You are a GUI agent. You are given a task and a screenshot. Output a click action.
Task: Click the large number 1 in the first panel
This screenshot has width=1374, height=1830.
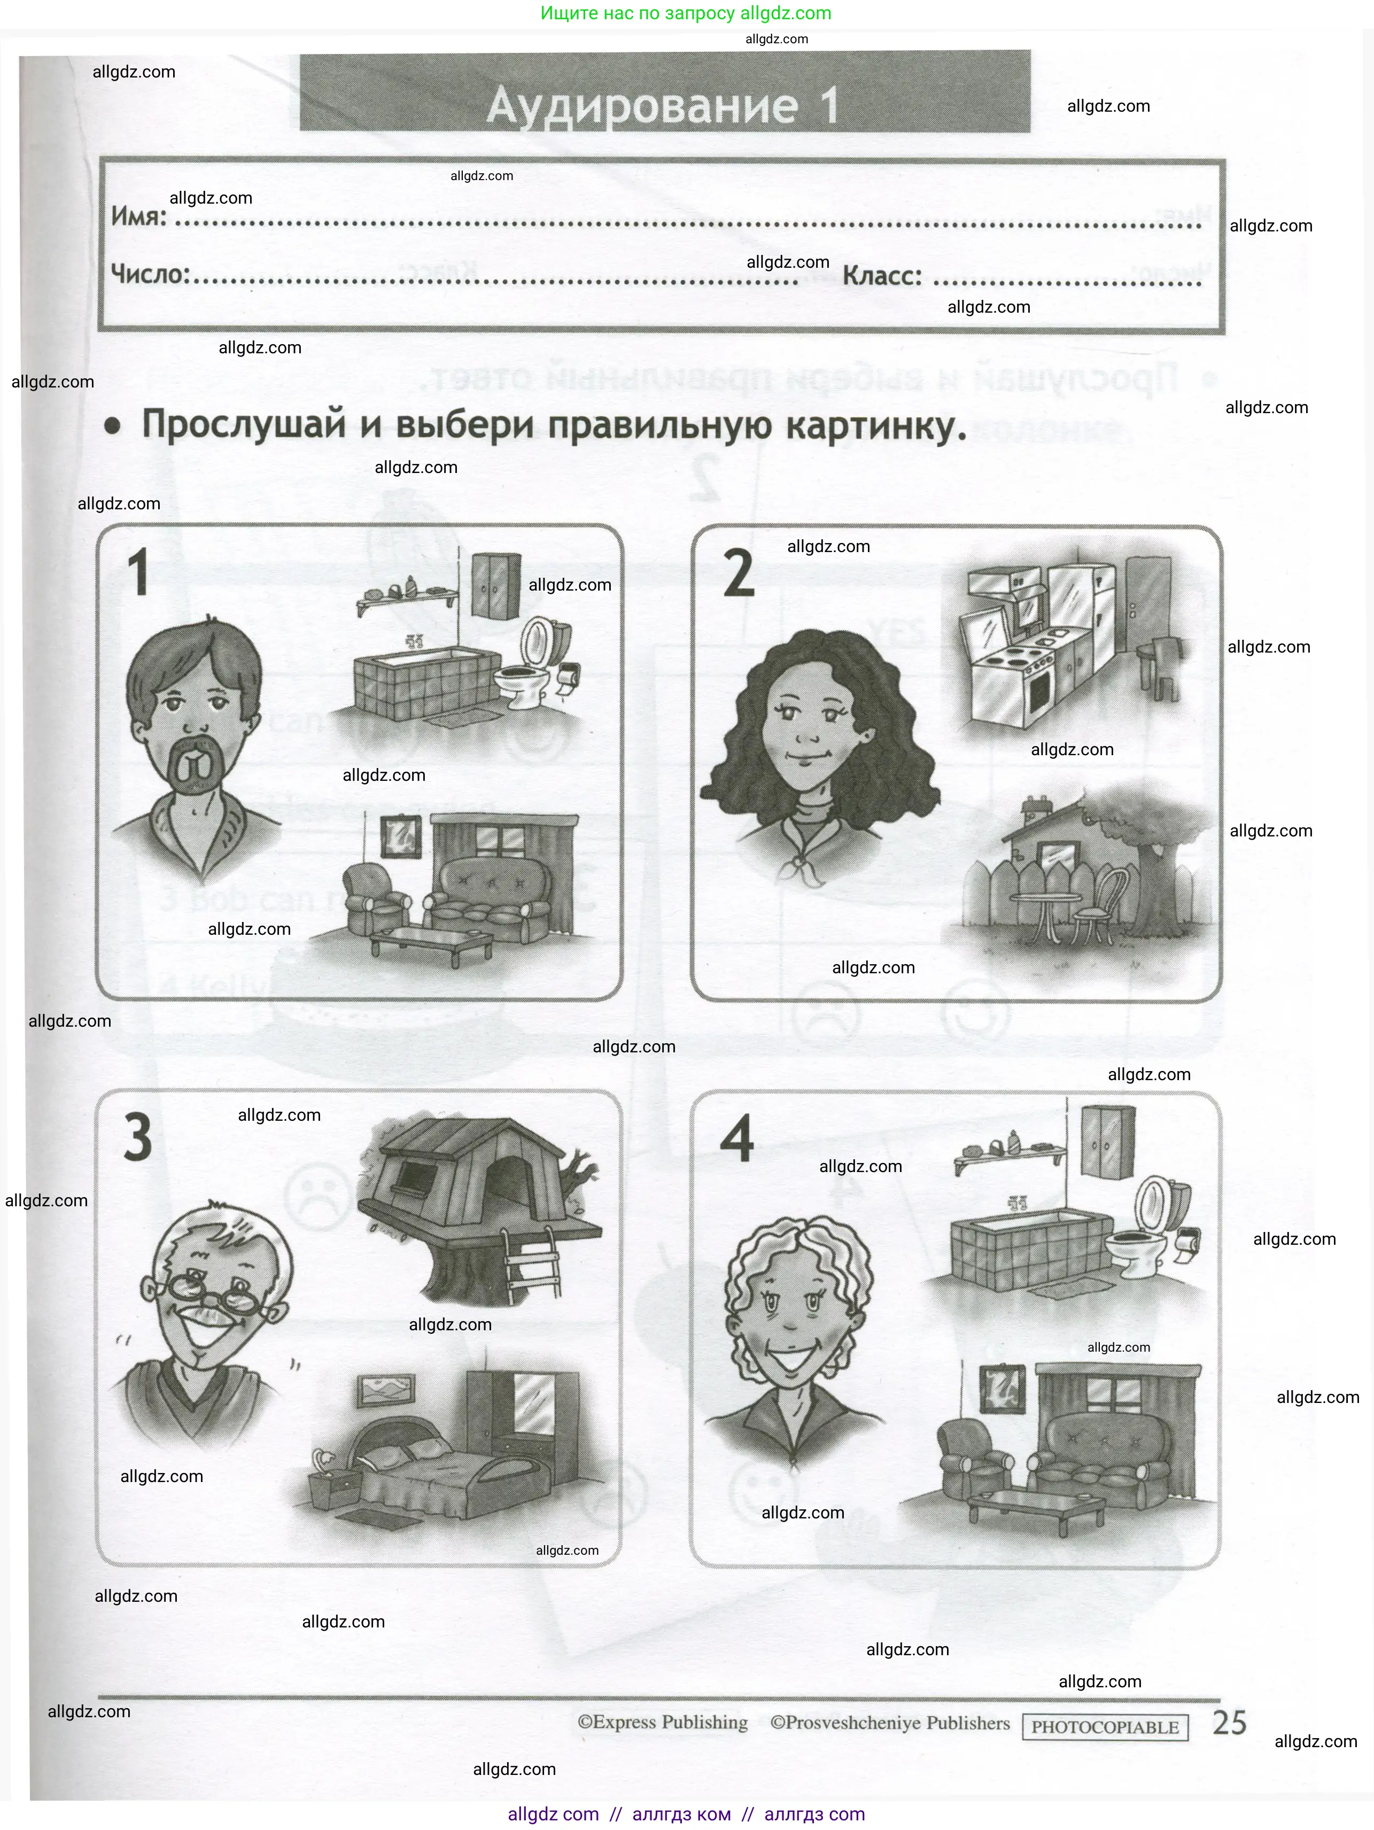click(x=138, y=572)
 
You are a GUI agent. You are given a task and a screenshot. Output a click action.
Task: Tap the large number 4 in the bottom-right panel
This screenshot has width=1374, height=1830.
click(x=736, y=1138)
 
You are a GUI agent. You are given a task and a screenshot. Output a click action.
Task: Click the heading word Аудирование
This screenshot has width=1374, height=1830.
click(x=642, y=106)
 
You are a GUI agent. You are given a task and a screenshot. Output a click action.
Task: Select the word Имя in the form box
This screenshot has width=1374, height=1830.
click(x=137, y=217)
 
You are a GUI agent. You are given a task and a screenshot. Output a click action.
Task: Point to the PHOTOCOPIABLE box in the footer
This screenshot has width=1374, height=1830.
click(x=1104, y=1727)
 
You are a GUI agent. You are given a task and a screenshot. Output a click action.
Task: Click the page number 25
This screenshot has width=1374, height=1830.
click(x=1229, y=1723)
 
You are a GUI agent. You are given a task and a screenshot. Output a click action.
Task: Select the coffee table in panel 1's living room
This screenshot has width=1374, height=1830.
click(x=431, y=940)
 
